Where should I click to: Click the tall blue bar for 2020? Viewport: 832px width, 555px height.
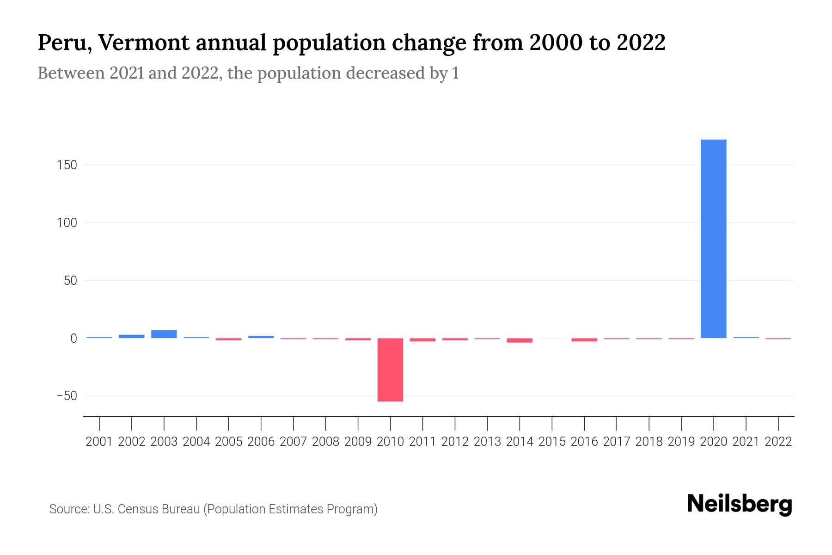pos(713,239)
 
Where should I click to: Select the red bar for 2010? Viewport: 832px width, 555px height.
pos(390,370)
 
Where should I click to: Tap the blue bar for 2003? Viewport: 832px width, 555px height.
pos(164,334)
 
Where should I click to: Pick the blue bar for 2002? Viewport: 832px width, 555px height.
pos(131,336)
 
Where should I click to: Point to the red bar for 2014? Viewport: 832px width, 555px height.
pos(520,340)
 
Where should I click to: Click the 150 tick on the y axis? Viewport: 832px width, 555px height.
pos(67,165)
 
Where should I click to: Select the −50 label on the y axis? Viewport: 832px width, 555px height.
pos(67,396)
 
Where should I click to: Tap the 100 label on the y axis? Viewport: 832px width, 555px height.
pos(67,223)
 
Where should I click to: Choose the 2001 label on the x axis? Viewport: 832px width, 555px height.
pos(99,442)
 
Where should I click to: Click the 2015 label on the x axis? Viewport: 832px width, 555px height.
pos(552,442)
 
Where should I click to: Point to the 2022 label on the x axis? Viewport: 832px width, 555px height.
pos(778,442)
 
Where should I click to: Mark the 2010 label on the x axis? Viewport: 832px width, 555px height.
pos(390,442)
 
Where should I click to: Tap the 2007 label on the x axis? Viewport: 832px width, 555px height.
pos(293,442)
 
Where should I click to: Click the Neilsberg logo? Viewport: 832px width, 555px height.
pos(740,504)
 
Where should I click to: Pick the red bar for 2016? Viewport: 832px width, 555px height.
pos(584,340)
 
